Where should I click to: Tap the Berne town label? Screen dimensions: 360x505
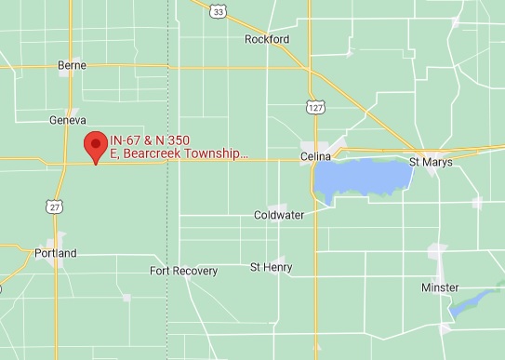72,65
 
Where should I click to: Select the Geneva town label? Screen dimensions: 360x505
67,120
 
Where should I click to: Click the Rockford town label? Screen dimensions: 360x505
267,39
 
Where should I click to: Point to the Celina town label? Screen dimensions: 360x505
316,156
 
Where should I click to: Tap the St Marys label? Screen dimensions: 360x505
432,162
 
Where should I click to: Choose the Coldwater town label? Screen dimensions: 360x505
279,215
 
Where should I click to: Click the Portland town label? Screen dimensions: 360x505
55,253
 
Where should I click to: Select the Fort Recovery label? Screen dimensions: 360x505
183,271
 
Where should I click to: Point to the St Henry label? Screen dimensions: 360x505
271,267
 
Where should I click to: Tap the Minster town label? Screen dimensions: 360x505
440,287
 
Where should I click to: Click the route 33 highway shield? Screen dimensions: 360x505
218,11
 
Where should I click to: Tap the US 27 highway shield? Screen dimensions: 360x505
56,207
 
